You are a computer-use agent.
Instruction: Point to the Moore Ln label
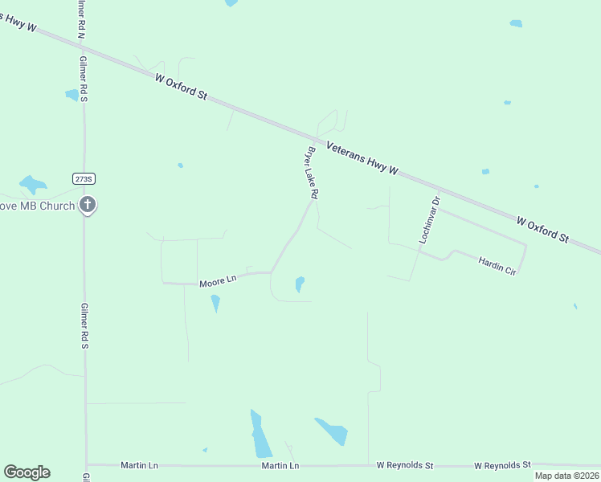(x=218, y=280)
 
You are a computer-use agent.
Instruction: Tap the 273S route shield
(x=83, y=178)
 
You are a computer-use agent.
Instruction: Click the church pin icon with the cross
(x=88, y=206)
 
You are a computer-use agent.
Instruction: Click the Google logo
(x=27, y=472)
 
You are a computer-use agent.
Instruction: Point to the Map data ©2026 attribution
(x=567, y=476)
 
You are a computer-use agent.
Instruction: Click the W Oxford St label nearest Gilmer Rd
(x=182, y=86)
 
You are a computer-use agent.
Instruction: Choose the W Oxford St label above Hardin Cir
(x=542, y=229)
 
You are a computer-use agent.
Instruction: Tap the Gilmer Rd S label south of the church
(x=84, y=325)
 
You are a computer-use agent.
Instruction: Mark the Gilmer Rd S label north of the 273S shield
(x=83, y=79)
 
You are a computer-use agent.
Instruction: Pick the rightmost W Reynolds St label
(x=502, y=465)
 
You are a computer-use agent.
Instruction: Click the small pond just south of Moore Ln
(x=215, y=303)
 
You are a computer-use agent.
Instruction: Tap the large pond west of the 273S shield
(x=33, y=185)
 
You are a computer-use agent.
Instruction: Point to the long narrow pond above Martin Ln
(x=260, y=435)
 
